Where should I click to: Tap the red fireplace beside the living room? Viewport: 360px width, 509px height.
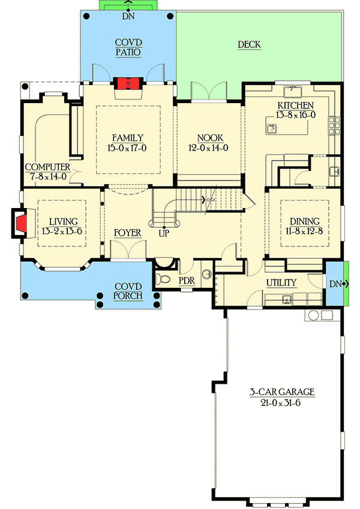click(21, 224)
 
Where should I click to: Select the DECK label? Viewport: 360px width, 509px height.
click(248, 44)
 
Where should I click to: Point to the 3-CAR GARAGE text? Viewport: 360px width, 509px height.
click(282, 392)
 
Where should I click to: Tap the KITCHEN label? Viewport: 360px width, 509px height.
click(295, 106)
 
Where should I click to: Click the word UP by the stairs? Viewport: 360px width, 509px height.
click(163, 233)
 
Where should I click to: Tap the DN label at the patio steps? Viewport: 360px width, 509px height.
click(128, 17)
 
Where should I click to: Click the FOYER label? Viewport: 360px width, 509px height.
click(127, 233)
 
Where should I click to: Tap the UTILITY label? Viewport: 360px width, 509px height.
click(281, 282)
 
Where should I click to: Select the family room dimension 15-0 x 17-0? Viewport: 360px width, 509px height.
click(127, 147)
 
